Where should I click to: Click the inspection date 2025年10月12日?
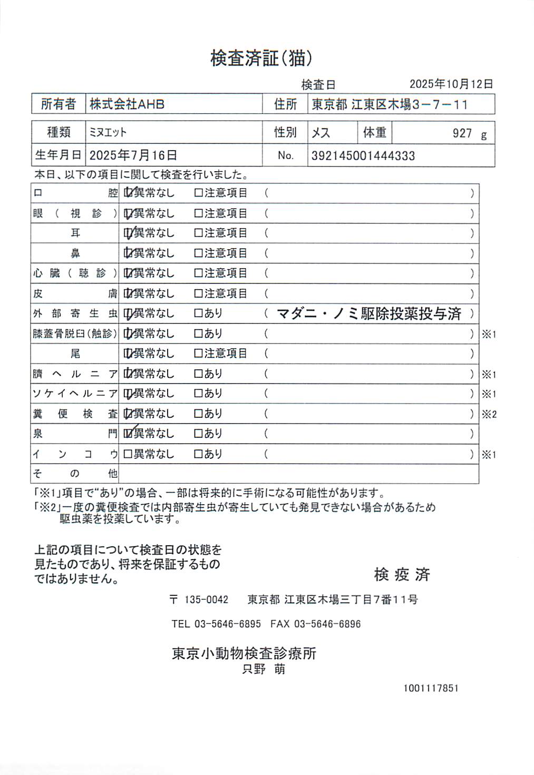coord(451,84)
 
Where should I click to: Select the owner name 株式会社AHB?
coord(127,104)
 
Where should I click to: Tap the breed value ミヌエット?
coord(108,133)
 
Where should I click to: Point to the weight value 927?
coord(462,133)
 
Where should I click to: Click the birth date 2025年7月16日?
coord(133,155)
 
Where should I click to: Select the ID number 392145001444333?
coord(363,156)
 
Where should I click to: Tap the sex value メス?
coord(321,133)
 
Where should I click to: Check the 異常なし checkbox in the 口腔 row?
coord(128,193)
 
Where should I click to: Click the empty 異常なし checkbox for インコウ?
coord(128,454)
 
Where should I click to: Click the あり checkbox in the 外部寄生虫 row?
coord(198,313)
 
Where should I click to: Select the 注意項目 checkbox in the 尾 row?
coord(198,353)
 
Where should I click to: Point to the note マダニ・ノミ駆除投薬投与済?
coord(368,314)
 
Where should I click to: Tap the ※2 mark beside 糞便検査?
coord(489,414)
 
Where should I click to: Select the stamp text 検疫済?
coord(402,574)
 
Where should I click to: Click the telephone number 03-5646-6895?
coord(227,624)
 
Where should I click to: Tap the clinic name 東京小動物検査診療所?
coord(244,653)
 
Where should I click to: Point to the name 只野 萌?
coord(264,669)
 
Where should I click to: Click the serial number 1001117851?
coord(431,688)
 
